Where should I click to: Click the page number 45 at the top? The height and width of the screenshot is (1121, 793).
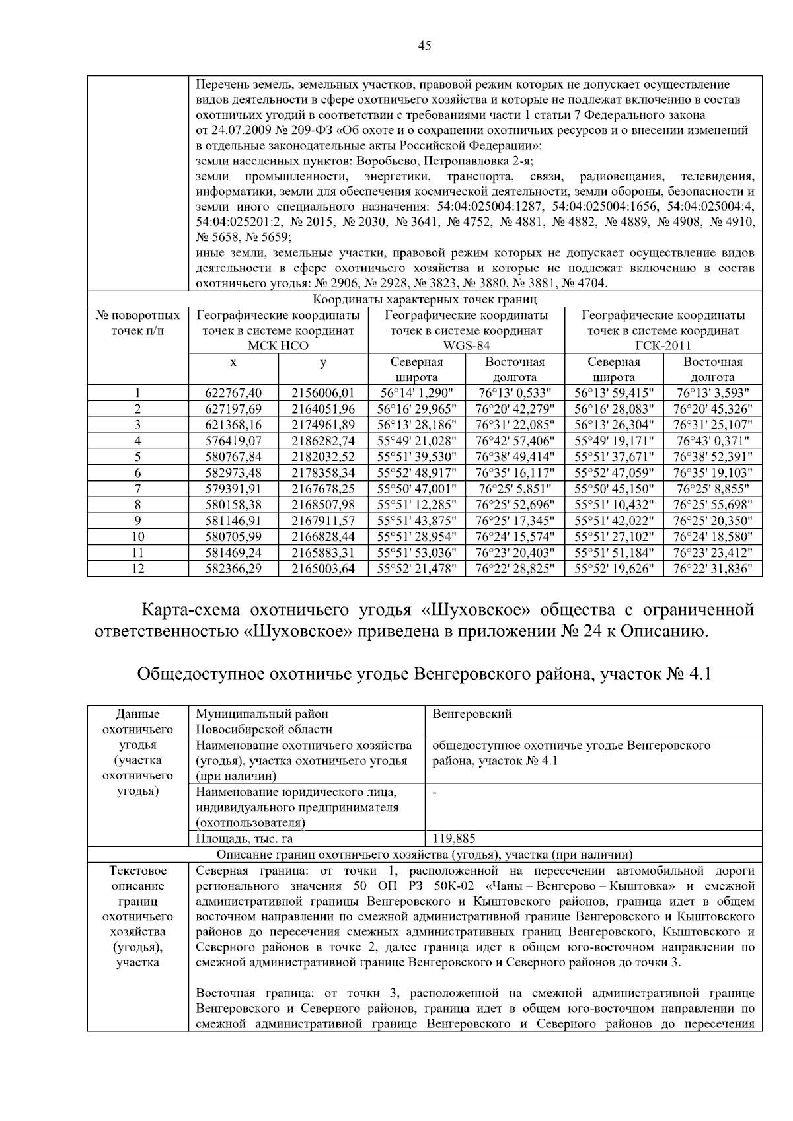pos(425,46)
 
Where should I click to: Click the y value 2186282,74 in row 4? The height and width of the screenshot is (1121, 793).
pos(323,441)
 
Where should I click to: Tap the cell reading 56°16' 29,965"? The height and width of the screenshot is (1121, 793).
pos(416,410)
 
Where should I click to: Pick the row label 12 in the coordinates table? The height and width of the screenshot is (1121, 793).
pos(137,568)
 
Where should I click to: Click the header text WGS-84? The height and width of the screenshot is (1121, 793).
pos(466,346)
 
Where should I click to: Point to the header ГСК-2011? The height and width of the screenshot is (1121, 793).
pos(663,346)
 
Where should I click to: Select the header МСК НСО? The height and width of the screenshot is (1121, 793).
pos(278,346)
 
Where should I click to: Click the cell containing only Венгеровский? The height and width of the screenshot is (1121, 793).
pos(472,714)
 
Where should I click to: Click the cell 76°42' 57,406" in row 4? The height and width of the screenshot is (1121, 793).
pos(515,441)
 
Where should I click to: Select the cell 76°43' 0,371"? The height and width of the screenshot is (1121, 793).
pos(712,441)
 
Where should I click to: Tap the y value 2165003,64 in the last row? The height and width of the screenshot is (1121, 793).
pos(323,568)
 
